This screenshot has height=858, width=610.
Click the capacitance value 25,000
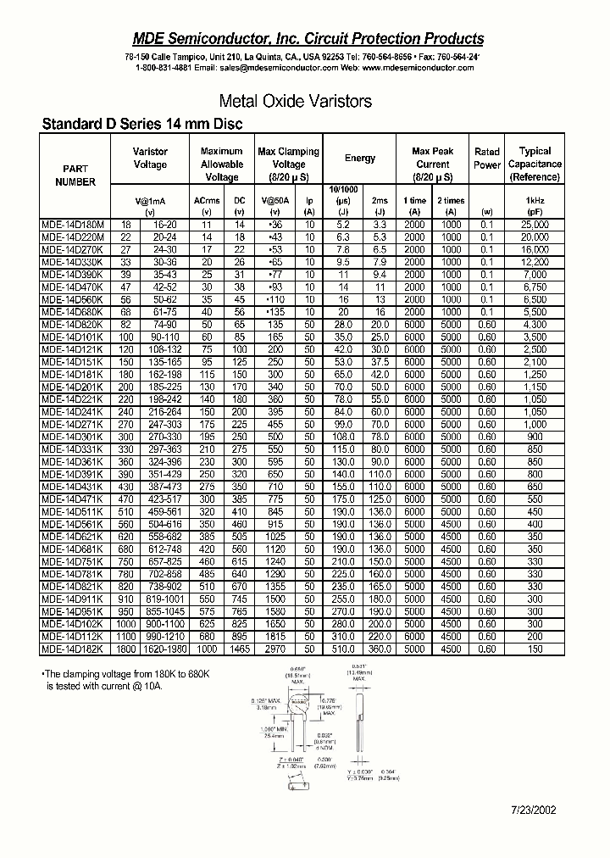pos(535,224)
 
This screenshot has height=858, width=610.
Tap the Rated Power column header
pos(487,159)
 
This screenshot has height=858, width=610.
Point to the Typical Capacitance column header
pos(535,164)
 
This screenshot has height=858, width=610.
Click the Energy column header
pos(360,159)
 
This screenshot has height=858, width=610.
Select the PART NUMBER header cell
pos(75,175)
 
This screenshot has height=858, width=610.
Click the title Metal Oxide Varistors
pos(295,101)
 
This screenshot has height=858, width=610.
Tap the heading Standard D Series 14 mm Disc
pos(142,124)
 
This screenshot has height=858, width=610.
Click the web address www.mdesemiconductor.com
pos(419,68)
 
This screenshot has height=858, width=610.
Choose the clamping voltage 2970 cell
pos(274,649)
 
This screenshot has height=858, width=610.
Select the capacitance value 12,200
pos(535,263)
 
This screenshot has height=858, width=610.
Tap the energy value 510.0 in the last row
pos(343,649)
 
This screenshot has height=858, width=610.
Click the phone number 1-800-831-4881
pos(163,68)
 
